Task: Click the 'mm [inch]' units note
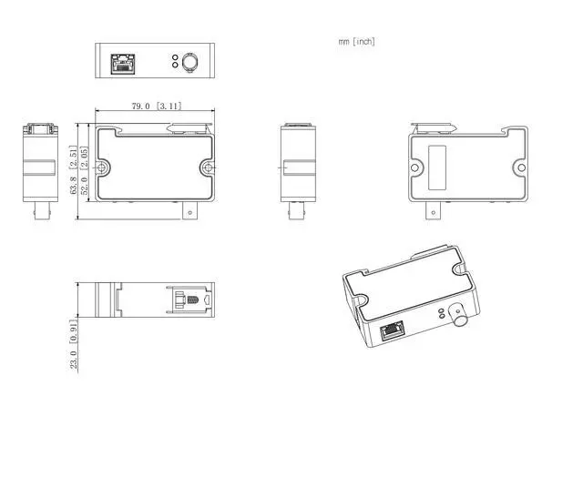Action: tap(356, 41)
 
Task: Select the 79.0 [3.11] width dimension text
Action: tap(157, 106)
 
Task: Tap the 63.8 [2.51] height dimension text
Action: tap(74, 169)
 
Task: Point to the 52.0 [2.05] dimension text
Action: tap(85, 170)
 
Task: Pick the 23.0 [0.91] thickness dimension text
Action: tap(74, 344)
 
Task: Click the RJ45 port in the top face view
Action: tap(123, 64)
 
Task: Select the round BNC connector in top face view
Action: tap(189, 61)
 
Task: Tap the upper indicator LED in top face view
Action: tap(175, 57)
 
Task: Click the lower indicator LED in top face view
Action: tap(175, 65)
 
